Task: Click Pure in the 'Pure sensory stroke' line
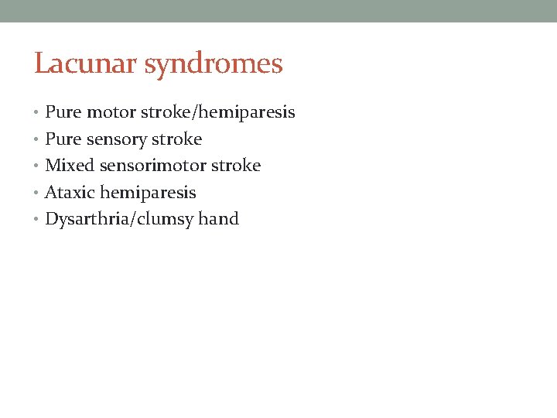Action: pyautogui.click(x=63, y=139)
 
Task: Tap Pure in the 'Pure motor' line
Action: pyautogui.click(x=63, y=112)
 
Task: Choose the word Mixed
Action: pyautogui.click(x=70, y=166)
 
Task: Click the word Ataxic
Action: pyautogui.click(x=70, y=193)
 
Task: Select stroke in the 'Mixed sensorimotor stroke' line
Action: pyautogui.click(x=236, y=166)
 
